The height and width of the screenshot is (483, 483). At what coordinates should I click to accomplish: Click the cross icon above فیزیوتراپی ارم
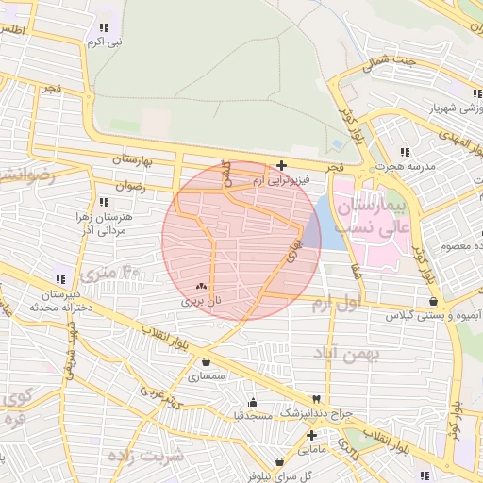click(281, 165)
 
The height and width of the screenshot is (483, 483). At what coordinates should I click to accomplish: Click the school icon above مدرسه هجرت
click(406, 152)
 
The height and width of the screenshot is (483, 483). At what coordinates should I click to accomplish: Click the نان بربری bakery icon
click(199, 286)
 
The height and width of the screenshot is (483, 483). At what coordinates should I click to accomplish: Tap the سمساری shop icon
click(206, 361)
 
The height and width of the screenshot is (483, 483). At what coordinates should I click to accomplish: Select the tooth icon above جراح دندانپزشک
click(329, 399)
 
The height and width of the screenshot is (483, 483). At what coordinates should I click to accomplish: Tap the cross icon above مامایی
click(311, 435)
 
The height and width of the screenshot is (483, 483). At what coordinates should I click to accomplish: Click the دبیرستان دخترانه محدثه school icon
click(60, 279)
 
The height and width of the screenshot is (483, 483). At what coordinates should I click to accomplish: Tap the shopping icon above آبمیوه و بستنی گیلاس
click(432, 302)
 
